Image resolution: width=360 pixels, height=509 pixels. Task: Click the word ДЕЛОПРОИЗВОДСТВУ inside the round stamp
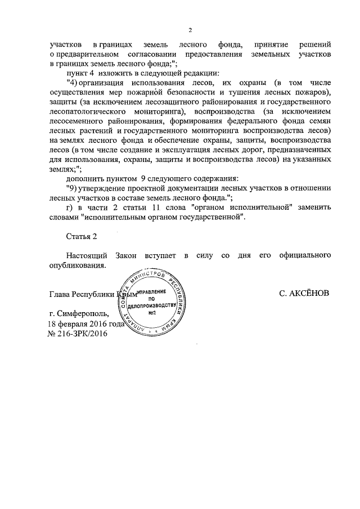[x=152, y=305]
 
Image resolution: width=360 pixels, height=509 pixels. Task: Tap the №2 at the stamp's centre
[x=152, y=313]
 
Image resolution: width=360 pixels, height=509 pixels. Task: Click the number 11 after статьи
[x=161, y=208]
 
